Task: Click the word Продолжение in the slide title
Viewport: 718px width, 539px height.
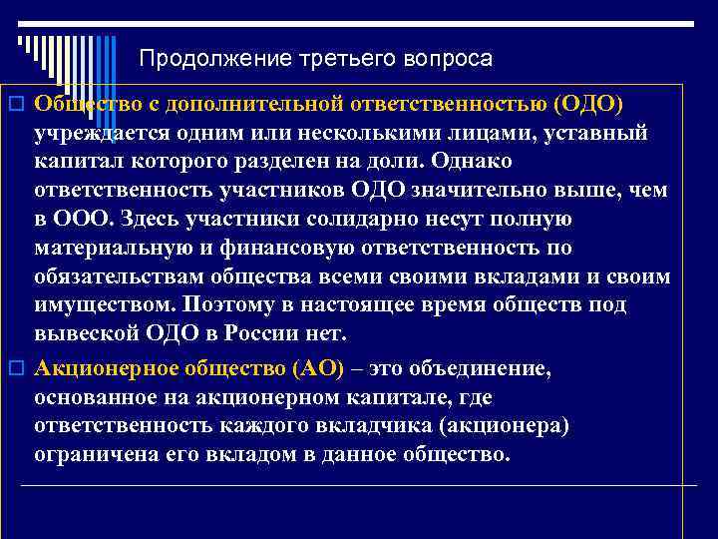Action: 190,59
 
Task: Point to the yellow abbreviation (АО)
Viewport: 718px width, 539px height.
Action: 316,369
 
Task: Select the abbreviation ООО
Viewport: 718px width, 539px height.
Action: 76,218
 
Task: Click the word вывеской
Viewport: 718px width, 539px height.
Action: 84,329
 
